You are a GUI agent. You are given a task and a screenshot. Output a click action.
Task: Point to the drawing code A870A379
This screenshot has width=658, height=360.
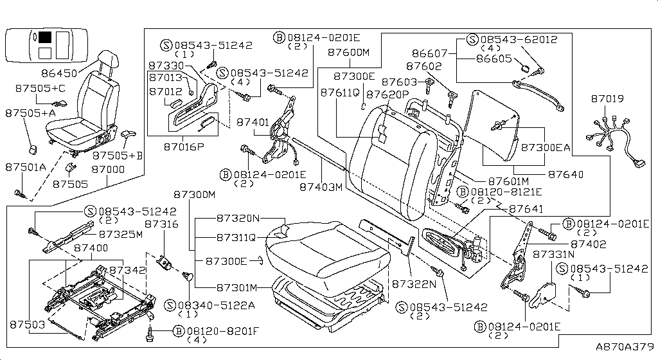[x=623, y=347]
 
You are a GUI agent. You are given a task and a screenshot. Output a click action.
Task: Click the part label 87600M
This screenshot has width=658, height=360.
[x=349, y=53]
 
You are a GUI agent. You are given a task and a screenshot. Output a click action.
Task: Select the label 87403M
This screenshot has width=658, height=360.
[x=321, y=186]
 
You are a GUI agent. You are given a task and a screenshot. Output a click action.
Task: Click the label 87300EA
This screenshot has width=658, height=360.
[x=545, y=147]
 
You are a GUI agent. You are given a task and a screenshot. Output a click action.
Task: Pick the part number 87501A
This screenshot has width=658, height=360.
[x=26, y=167]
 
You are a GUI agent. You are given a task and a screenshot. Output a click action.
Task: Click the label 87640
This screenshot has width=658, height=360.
[x=565, y=174]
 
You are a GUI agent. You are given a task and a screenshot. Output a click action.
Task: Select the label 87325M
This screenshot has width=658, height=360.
[x=121, y=234]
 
